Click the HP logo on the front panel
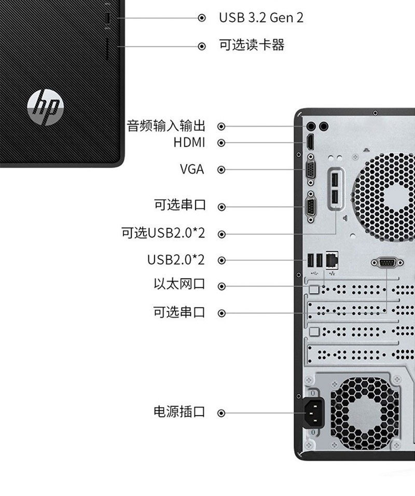point(46,108)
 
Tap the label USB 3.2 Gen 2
point(261,18)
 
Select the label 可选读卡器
point(252,46)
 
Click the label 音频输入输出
point(166,126)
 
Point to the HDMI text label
point(189,142)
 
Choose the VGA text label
point(192,169)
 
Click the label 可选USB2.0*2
point(163,233)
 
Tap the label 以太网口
point(179,285)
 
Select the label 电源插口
point(179,412)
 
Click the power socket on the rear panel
point(314,413)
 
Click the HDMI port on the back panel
point(310,142)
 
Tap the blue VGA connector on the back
point(311,170)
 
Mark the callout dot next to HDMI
point(222,142)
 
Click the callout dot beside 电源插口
point(222,414)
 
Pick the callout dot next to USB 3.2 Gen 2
point(202,18)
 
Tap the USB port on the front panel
point(108,18)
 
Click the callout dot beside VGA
point(222,170)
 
